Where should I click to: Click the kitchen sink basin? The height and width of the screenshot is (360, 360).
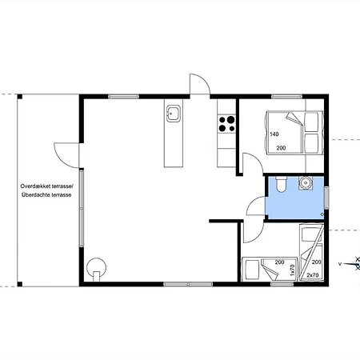click(174, 114)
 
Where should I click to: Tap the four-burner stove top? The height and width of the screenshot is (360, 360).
click(226, 124)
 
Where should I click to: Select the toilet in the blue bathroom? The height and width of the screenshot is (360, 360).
click(281, 184)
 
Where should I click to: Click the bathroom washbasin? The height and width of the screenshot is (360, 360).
click(306, 183)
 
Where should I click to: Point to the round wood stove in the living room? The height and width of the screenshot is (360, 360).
click(96, 269)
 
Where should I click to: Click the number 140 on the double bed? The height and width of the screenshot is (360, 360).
click(274, 134)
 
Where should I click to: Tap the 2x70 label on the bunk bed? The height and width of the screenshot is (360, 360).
click(313, 275)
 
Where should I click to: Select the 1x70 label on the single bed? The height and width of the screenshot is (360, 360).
click(292, 270)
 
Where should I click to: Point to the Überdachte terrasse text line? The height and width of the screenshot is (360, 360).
click(46, 195)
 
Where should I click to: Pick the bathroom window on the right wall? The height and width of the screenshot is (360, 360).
click(326, 198)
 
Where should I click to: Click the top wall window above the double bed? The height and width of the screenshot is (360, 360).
click(286, 97)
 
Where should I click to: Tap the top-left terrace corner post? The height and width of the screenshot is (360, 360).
click(20, 97)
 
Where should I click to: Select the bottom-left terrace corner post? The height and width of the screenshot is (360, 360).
click(20, 284)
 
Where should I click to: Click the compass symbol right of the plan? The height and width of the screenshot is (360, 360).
click(350, 264)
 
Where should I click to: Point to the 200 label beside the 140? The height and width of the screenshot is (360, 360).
click(281, 148)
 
